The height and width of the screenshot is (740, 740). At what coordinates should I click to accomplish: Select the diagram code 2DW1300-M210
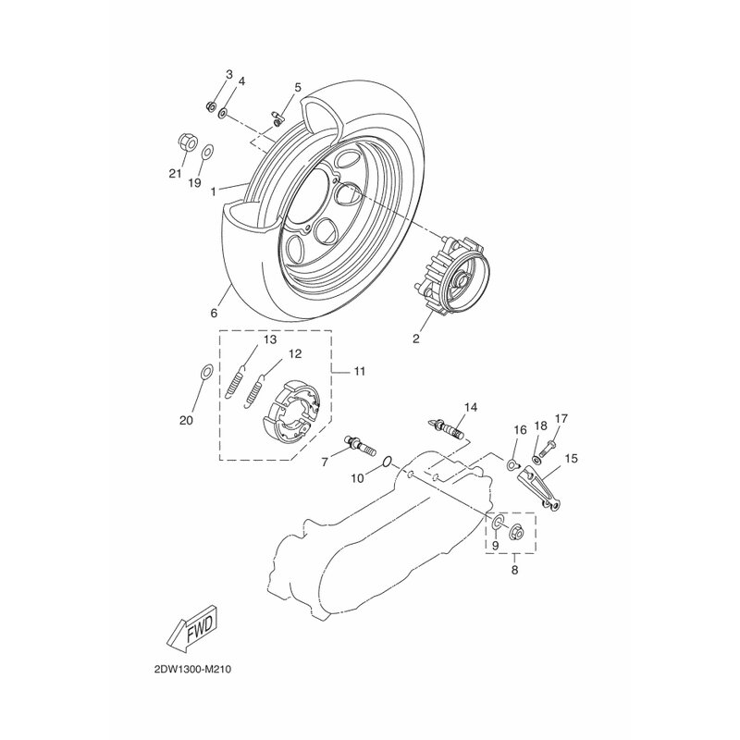tap(192, 669)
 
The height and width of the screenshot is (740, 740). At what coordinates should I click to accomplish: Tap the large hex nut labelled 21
tap(187, 142)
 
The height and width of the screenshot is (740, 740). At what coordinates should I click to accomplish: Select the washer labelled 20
tap(206, 372)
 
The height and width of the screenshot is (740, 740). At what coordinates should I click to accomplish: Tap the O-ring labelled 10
tap(386, 462)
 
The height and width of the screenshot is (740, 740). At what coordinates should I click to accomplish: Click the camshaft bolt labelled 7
tap(361, 446)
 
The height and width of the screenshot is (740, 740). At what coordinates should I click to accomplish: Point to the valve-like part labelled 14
tap(446, 428)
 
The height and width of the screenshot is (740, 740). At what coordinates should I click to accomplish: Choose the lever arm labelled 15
tap(539, 488)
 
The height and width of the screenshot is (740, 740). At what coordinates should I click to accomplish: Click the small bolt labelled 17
tap(549, 450)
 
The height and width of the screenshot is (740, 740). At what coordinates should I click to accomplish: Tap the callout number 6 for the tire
tap(214, 314)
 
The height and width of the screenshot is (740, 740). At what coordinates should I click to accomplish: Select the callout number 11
tap(360, 372)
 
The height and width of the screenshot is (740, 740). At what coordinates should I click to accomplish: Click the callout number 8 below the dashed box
tap(514, 570)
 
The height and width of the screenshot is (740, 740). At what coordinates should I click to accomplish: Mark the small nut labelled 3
tap(211, 106)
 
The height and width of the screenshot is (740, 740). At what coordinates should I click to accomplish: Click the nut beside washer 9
tap(515, 531)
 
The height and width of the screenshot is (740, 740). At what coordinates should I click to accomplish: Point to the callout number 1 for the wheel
tap(214, 191)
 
